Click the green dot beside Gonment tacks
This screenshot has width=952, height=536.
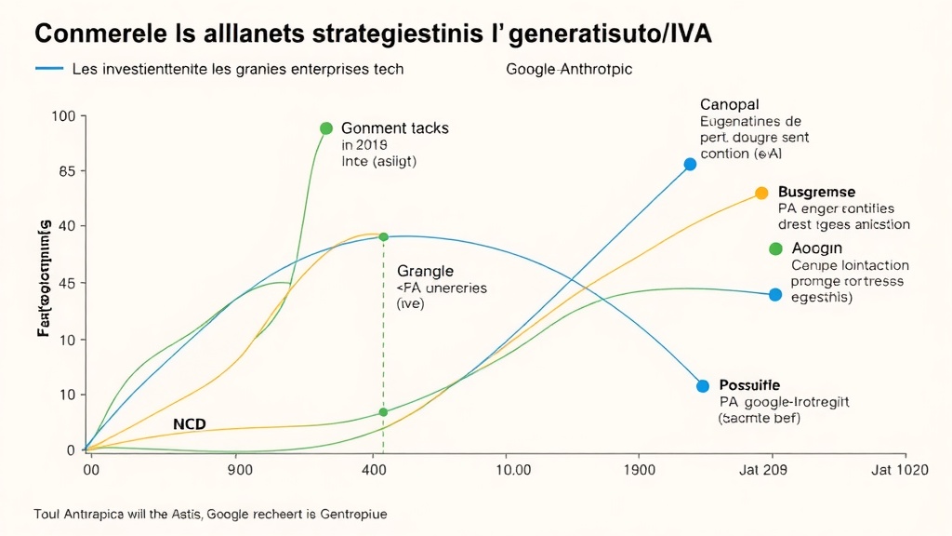coord(326,128)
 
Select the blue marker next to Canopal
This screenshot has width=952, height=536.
coord(690,164)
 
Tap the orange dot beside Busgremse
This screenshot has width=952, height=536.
coord(761,193)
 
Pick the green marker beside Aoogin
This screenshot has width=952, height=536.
coord(775,248)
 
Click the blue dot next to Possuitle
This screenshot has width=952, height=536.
coord(702,385)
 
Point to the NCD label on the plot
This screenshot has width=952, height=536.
coord(190,424)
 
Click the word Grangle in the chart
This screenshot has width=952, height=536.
coord(425,271)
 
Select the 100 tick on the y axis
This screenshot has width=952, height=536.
coord(63,116)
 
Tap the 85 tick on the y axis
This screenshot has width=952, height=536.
coord(65,171)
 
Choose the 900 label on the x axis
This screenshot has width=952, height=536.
coord(240,470)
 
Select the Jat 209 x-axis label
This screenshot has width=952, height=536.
coord(762,470)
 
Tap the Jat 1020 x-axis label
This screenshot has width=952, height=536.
coord(899,470)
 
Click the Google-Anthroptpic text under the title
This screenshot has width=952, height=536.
coord(569,70)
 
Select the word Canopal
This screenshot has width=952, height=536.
coord(730,104)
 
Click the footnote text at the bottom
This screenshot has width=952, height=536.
coord(209,514)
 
